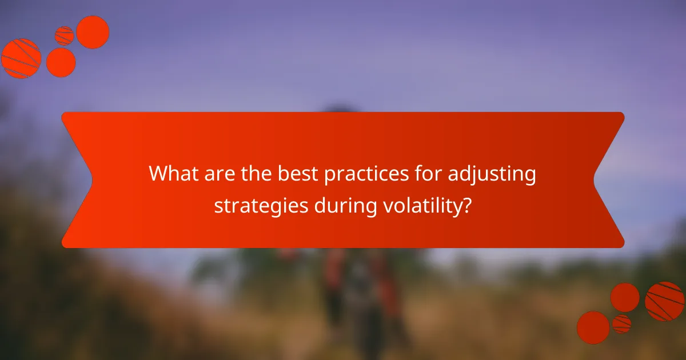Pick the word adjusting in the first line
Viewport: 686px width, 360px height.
(492, 175)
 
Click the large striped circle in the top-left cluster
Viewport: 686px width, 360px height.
(21, 58)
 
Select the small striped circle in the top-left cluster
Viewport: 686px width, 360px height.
(64, 36)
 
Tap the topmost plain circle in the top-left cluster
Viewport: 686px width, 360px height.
(93, 32)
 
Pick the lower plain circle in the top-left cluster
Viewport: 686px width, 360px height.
(61, 62)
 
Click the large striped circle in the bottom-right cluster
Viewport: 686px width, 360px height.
(664, 301)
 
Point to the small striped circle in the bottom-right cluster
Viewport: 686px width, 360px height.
(621, 323)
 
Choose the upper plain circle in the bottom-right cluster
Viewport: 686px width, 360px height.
(625, 298)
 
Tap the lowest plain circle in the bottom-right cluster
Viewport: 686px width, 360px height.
(593, 327)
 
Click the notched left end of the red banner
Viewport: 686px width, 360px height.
(77, 180)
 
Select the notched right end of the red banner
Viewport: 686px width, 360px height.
(609, 180)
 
